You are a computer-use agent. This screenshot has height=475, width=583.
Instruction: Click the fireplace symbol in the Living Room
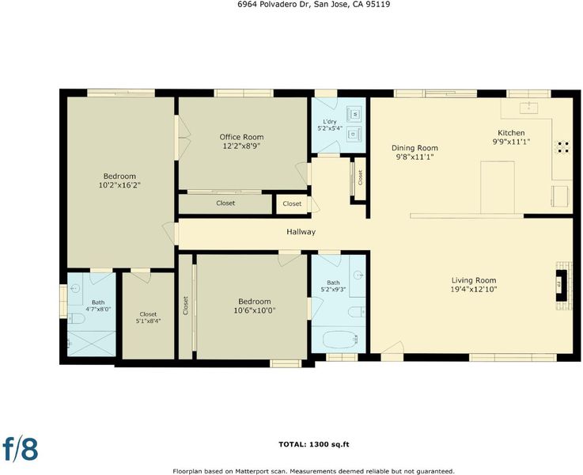[561, 285]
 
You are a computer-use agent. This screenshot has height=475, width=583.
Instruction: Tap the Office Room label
[242, 137]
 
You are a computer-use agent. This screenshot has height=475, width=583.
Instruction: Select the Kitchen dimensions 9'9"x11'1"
[511, 142]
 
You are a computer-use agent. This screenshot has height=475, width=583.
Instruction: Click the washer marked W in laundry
[354, 113]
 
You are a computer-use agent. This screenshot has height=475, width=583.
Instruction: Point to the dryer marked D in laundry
[354, 134]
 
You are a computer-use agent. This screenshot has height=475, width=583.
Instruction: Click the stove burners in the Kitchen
[563, 147]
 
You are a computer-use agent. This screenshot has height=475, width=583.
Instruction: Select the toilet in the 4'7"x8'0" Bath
[77, 318]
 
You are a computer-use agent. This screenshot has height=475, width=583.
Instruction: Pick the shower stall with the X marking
[92, 344]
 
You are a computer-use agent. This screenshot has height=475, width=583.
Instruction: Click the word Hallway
[301, 232]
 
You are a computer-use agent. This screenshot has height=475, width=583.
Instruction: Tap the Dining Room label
[415, 148]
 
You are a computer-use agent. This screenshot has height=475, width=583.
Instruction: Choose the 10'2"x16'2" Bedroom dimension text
[119, 185]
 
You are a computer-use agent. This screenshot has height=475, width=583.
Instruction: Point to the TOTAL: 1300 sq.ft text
[314, 444]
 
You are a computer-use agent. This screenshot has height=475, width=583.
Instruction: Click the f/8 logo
[21, 448]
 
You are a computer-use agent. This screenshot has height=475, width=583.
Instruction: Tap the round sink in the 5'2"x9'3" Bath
[358, 275]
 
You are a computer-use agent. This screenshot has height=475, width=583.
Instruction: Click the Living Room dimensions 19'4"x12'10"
[474, 290]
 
